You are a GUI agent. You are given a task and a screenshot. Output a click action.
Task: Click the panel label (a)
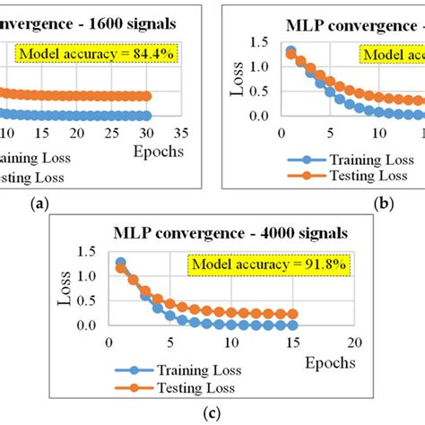(x=39, y=204)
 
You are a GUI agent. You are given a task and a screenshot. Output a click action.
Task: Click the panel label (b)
(x=385, y=204)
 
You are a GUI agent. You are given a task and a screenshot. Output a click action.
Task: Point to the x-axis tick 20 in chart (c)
(x=358, y=343)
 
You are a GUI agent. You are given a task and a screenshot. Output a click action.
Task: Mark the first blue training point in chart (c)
(x=121, y=263)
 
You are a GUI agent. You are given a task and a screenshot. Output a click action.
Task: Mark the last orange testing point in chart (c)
(x=292, y=315)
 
